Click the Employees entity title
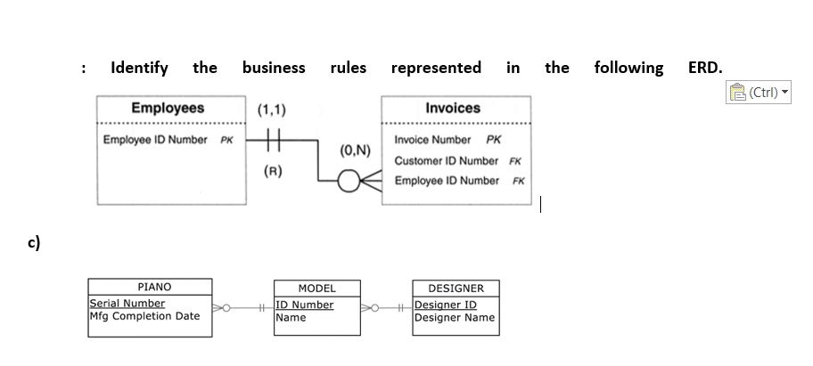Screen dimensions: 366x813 click(x=168, y=108)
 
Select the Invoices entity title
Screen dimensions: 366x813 click(x=453, y=108)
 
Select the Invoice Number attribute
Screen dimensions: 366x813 click(x=432, y=140)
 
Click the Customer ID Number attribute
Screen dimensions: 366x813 click(x=446, y=160)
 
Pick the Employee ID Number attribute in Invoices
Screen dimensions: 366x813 click(x=446, y=181)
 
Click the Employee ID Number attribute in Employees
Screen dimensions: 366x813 click(x=155, y=140)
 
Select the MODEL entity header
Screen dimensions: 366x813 click(x=316, y=289)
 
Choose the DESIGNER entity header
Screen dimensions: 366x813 click(x=456, y=289)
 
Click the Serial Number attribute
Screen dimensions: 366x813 click(x=127, y=304)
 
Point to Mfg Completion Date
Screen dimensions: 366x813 click(x=145, y=315)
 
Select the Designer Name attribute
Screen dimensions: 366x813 click(x=455, y=317)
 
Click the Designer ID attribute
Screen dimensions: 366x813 click(x=446, y=305)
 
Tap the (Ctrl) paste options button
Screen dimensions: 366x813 click(x=760, y=91)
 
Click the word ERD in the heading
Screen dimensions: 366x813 click(x=705, y=68)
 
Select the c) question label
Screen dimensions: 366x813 click(x=33, y=241)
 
